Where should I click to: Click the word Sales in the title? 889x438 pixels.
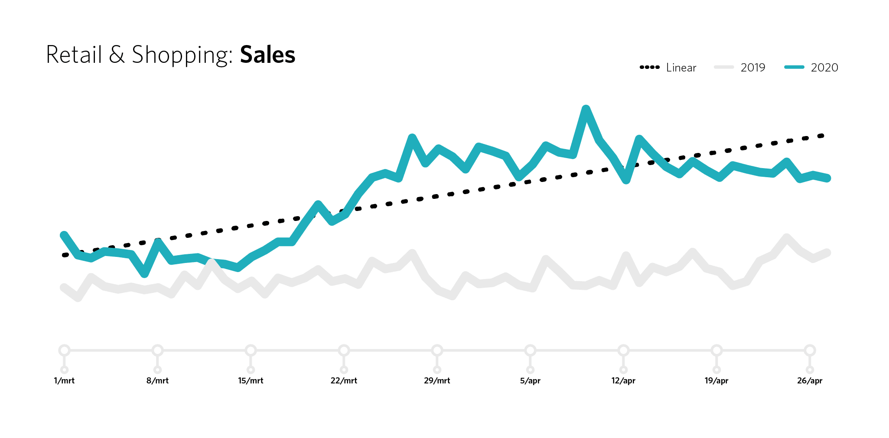click(267, 55)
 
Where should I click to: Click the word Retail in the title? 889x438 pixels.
click(74, 55)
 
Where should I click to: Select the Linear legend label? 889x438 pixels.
click(681, 68)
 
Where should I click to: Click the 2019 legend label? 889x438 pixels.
click(752, 68)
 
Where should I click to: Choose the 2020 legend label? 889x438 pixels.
click(824, 68)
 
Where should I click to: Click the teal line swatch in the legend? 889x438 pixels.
click(794, 67)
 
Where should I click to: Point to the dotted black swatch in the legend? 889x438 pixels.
click(649, 67)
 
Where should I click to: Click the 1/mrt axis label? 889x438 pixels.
click(64, 381)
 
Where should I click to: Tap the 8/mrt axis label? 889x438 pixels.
click(157, 381)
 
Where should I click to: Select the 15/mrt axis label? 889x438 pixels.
click(251, 381)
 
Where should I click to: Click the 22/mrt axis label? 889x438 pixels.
click(344, 381)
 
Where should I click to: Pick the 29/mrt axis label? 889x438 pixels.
click(437, 381)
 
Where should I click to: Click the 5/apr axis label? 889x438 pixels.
click(530, 381)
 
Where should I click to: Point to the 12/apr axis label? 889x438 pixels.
click(623, 381)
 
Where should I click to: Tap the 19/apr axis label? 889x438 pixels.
click(716, 381)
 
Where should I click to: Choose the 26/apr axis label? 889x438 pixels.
click(810, 381)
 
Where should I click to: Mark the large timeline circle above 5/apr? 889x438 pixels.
click(530, 350)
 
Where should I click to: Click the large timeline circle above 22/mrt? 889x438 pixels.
click(344, 350)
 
